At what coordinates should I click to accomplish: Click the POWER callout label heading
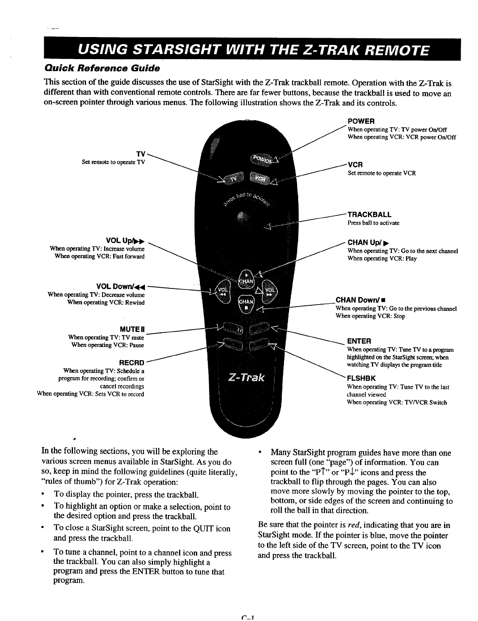pos(360,121)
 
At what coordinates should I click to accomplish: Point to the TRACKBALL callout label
pos(369,215)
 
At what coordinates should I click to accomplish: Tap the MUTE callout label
pos(132,329)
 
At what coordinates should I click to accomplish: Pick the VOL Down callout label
pos(121,286)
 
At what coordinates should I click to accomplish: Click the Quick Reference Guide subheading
pos(101,68)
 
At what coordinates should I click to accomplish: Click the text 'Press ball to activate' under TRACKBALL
pos(373,223)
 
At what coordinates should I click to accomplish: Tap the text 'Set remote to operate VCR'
pos(381,173)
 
